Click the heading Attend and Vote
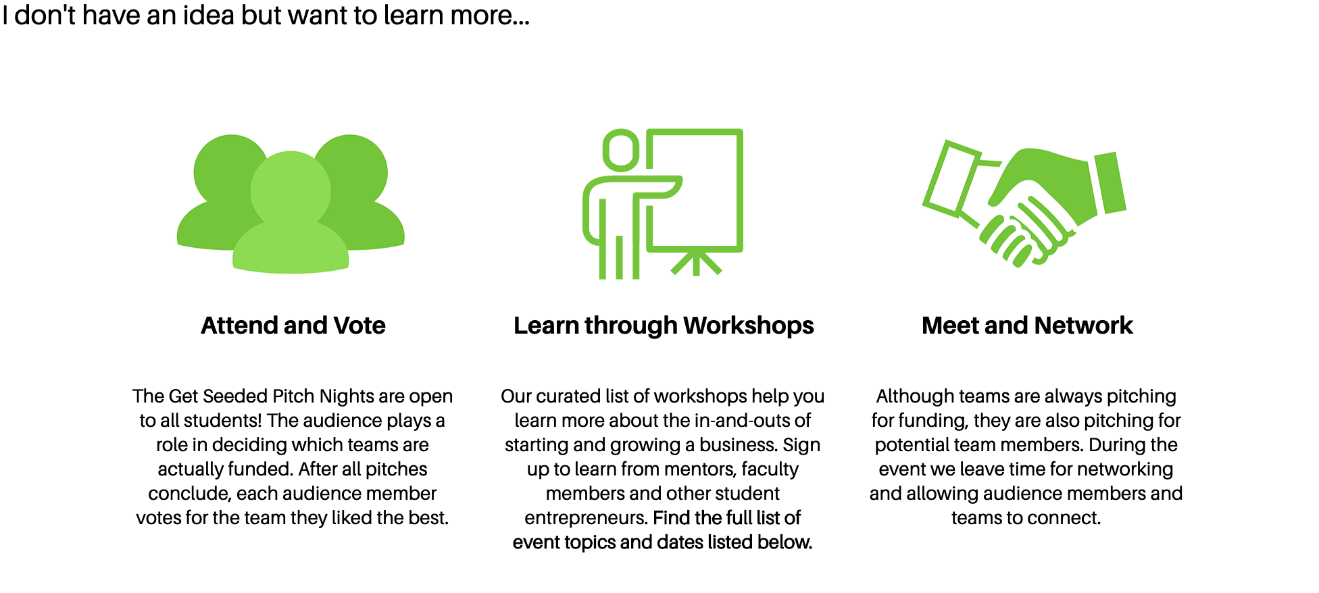293,326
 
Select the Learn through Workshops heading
664,326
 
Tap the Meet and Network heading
1027,326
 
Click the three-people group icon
291,203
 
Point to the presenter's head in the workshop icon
621,150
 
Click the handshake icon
1024,203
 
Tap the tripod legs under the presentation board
696,262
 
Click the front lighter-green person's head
291,190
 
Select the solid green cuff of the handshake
1110,182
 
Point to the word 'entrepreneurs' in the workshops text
586,518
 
